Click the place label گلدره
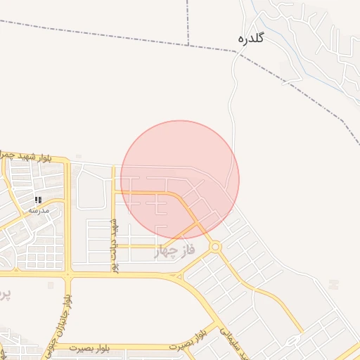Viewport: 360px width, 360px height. tap(251, 38)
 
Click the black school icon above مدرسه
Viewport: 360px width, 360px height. tap(38, 200)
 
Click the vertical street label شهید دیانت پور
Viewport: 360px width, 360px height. tap(113, 244)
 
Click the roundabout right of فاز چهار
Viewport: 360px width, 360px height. tap(215, 247)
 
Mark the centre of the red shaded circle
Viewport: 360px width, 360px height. tap(180, 179)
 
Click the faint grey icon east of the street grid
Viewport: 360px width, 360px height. tap(333, 284)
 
